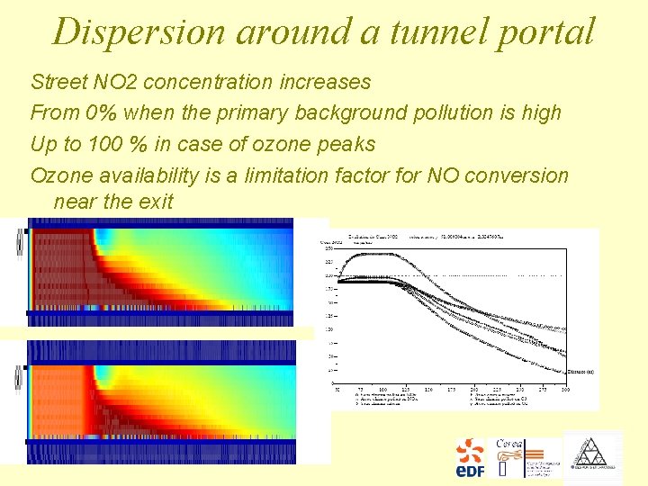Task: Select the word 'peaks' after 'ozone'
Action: coord(346,144)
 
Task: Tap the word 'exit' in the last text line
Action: coord(153,201)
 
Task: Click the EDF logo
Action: coord(470,457)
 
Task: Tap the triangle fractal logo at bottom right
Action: coord(591,457)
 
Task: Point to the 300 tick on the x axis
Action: coord(565,389)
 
